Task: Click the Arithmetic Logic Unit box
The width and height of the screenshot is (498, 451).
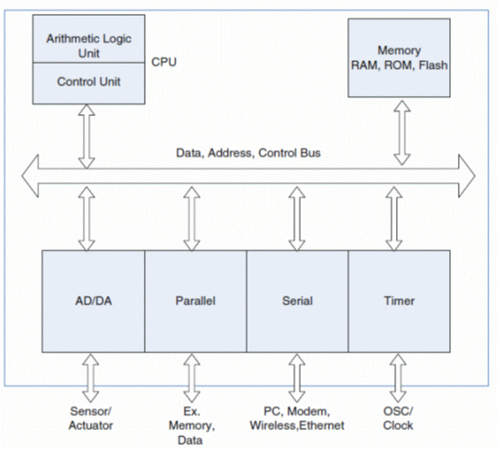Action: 89,38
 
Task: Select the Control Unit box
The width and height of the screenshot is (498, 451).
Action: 89,83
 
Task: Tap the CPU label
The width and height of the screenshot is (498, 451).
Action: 164,62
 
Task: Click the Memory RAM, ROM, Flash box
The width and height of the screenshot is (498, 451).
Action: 399,58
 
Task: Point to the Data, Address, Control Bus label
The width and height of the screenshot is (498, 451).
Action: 249,153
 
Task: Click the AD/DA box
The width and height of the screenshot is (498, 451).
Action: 93,301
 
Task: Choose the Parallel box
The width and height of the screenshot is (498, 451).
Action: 195,301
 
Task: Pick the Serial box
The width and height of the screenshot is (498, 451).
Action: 297,301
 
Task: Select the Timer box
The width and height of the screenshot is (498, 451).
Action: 399,301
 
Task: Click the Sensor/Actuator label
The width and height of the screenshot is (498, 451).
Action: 91,418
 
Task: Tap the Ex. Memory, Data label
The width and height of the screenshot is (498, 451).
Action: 192,426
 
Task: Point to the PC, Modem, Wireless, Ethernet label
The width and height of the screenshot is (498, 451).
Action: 297,418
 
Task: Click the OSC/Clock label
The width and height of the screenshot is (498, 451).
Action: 398,418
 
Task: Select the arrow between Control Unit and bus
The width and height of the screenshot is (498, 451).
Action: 86,136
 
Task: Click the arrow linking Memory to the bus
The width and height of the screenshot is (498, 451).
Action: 402,133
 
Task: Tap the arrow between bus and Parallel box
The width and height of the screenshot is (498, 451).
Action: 192,219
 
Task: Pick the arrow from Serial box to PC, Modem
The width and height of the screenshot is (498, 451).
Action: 297,379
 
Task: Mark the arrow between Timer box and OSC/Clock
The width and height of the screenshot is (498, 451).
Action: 398,379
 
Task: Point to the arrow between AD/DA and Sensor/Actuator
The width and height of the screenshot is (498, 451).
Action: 91,379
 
